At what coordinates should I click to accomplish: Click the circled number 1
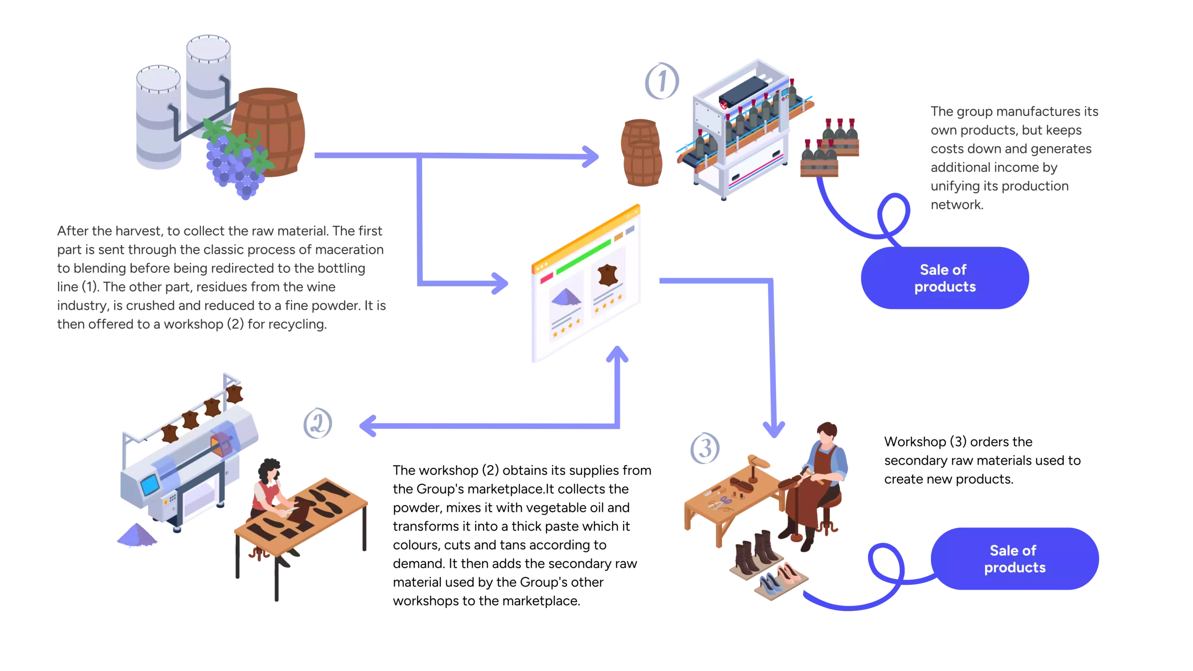662,81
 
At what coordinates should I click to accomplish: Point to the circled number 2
318,423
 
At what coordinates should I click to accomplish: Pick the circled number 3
705,448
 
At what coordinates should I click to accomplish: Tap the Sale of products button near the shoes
1015,559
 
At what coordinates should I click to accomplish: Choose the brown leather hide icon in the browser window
607,275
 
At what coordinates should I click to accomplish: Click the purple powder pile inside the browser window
566,297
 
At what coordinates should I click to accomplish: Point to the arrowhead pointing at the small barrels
591,157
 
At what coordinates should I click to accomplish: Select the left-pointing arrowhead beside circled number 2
368,426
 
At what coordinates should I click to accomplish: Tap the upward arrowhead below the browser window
617,355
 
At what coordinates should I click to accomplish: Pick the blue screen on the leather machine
149,485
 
